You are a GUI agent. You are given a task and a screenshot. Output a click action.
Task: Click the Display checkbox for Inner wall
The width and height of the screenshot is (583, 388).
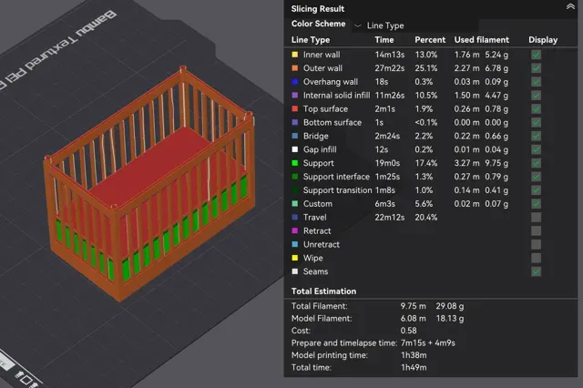click(536, 55)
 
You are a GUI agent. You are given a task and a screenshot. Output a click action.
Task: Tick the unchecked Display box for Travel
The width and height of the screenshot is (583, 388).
click(536, 218)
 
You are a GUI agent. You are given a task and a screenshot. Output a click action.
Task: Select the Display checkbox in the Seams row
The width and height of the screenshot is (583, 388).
click(536, 271)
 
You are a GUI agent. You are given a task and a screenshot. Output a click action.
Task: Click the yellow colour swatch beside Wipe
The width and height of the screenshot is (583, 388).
click(295, 258)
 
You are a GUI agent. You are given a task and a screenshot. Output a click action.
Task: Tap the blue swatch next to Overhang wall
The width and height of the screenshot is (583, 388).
click(295, 82)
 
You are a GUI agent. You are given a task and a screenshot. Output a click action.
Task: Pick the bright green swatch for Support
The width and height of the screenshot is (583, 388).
click(295, 163)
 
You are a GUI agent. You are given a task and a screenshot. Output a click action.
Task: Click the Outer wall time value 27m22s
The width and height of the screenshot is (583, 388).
click(389, 68)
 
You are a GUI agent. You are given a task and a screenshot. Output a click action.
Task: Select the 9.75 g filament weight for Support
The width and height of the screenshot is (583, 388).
click(496, 163)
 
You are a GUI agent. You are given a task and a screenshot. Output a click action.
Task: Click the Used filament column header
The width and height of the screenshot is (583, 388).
click(482, 40)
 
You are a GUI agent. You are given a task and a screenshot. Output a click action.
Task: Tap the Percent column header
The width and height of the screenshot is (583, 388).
click(430, 40)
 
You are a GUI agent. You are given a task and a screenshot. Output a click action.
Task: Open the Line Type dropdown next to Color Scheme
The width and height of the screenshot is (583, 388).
click(380, 26)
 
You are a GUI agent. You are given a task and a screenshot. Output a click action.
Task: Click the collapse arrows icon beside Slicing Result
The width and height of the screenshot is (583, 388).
click(570, 6)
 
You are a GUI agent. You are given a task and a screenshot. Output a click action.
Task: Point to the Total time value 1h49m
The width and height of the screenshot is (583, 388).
click(414, 368)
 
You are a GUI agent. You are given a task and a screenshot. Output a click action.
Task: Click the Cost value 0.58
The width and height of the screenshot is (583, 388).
click(409, 331)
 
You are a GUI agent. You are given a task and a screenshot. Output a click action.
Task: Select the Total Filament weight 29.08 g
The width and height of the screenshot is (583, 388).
click(449, 306)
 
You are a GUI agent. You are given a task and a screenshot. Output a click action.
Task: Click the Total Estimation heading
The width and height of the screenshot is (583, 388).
click(323, 291)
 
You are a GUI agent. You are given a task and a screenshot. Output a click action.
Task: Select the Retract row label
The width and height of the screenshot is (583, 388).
click(317, 231)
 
